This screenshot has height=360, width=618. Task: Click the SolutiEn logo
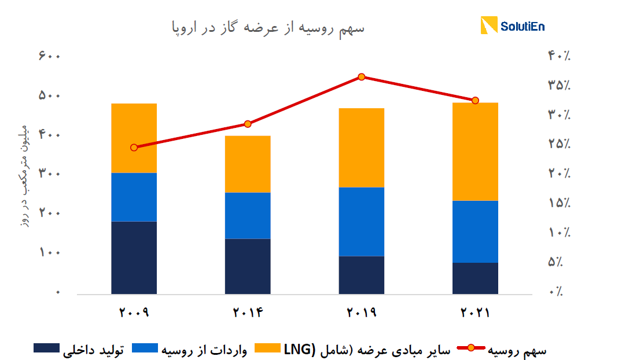click(513, 26)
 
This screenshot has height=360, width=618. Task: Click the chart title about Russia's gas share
click(267, 27)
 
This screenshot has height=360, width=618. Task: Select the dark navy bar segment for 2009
click(134, 258)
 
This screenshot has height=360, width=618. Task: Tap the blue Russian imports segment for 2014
click(248, 215)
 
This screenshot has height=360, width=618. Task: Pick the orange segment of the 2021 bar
click(475, 152)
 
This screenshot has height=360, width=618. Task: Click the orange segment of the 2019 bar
click(362, 148)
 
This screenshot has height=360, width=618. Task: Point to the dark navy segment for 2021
click(475, 278)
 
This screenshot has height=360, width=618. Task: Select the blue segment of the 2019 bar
click(362, 221)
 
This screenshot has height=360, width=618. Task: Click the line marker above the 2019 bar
click(362, 77)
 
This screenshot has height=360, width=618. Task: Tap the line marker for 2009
click(134, 148)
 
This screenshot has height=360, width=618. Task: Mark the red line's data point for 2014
click(248, 124)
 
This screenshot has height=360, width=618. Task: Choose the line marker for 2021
click(475, 101)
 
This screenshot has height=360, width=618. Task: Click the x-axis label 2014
click(248, 313)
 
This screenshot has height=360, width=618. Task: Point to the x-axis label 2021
click(475, 313)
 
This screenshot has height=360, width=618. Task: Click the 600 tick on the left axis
click(50, 56)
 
